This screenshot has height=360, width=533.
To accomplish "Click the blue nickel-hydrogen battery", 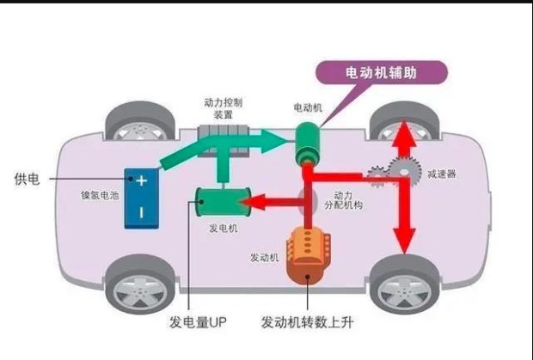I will pyautogui.click(x=139, y=197).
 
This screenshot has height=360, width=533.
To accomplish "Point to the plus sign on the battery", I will pyautogui.click(x=140, y=181).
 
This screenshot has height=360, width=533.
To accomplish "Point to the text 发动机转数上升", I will pyautogui.click(x=307, y=324).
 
